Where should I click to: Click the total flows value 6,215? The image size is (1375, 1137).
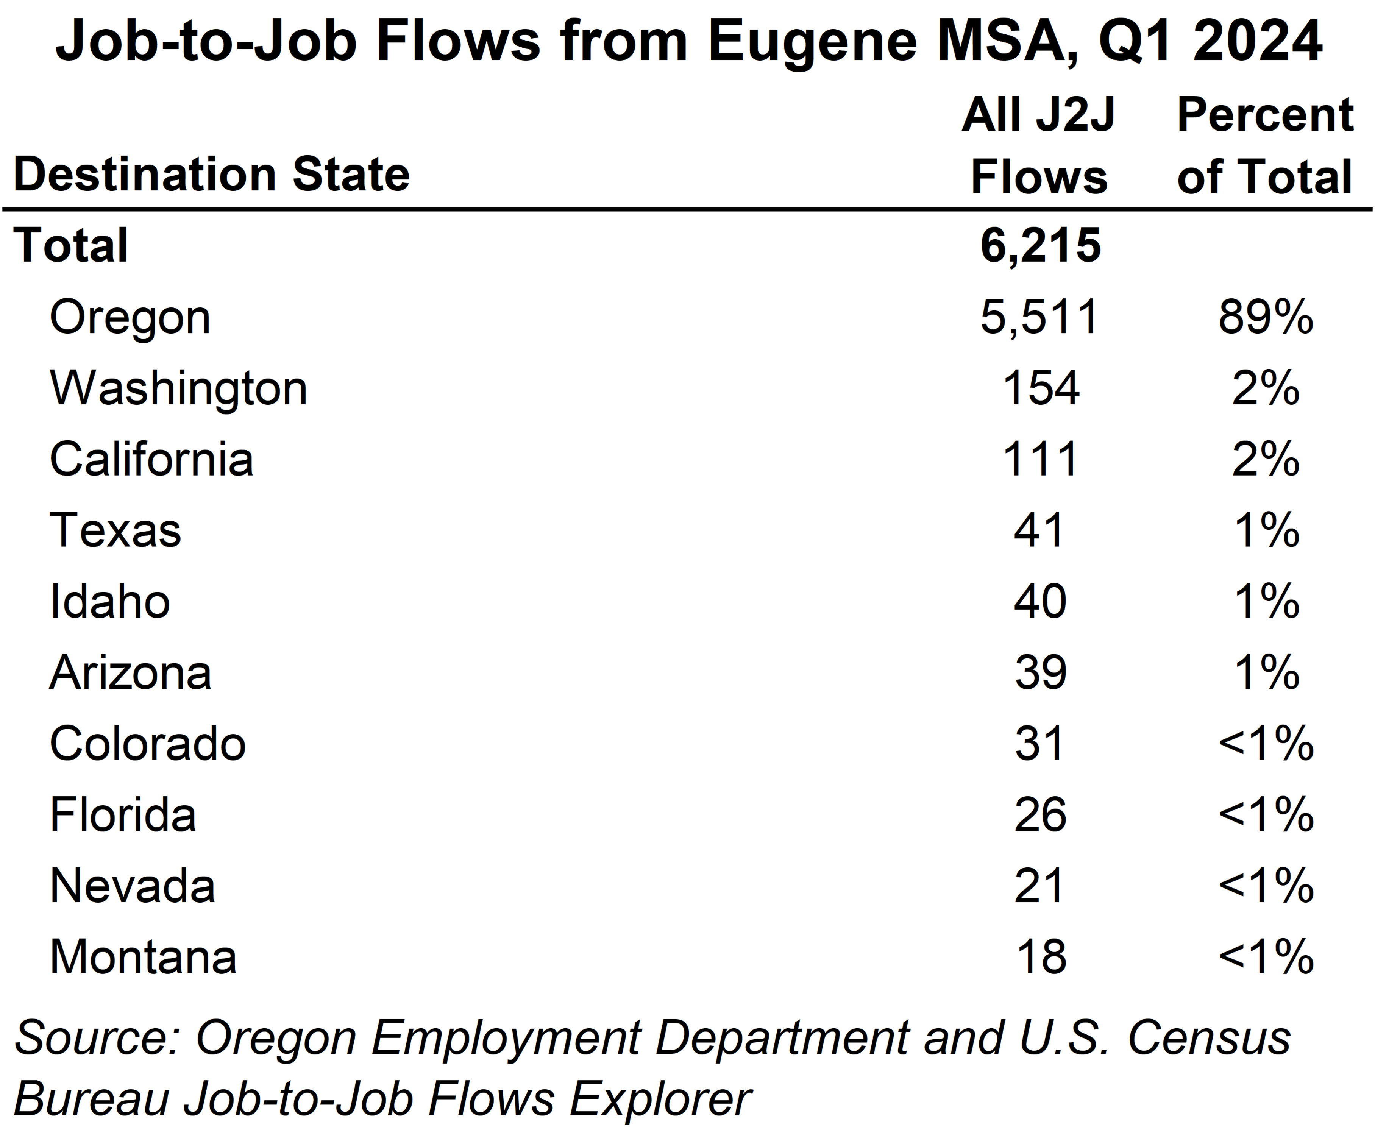tap(1040, 245)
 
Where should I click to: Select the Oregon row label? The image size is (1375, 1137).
tap(130, 317)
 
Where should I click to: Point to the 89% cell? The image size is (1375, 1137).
tap(1265, 317)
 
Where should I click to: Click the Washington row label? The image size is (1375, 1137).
tap(178, 389)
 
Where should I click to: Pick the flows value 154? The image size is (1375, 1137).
tap(1040, 389)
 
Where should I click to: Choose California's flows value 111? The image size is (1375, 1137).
tap(1040, 460)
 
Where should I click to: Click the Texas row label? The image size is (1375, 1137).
tap(115, 530)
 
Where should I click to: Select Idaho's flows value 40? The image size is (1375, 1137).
tap(1040, 602)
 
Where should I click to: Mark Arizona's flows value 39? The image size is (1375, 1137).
tap(1040, 673)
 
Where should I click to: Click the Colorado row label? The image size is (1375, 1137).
tap(147, 744)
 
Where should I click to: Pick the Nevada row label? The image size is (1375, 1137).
tap(132, 886)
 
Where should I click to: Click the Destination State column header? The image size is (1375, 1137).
tap(211, 175)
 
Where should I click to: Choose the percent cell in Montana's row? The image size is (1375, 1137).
tap(1265, 958)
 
